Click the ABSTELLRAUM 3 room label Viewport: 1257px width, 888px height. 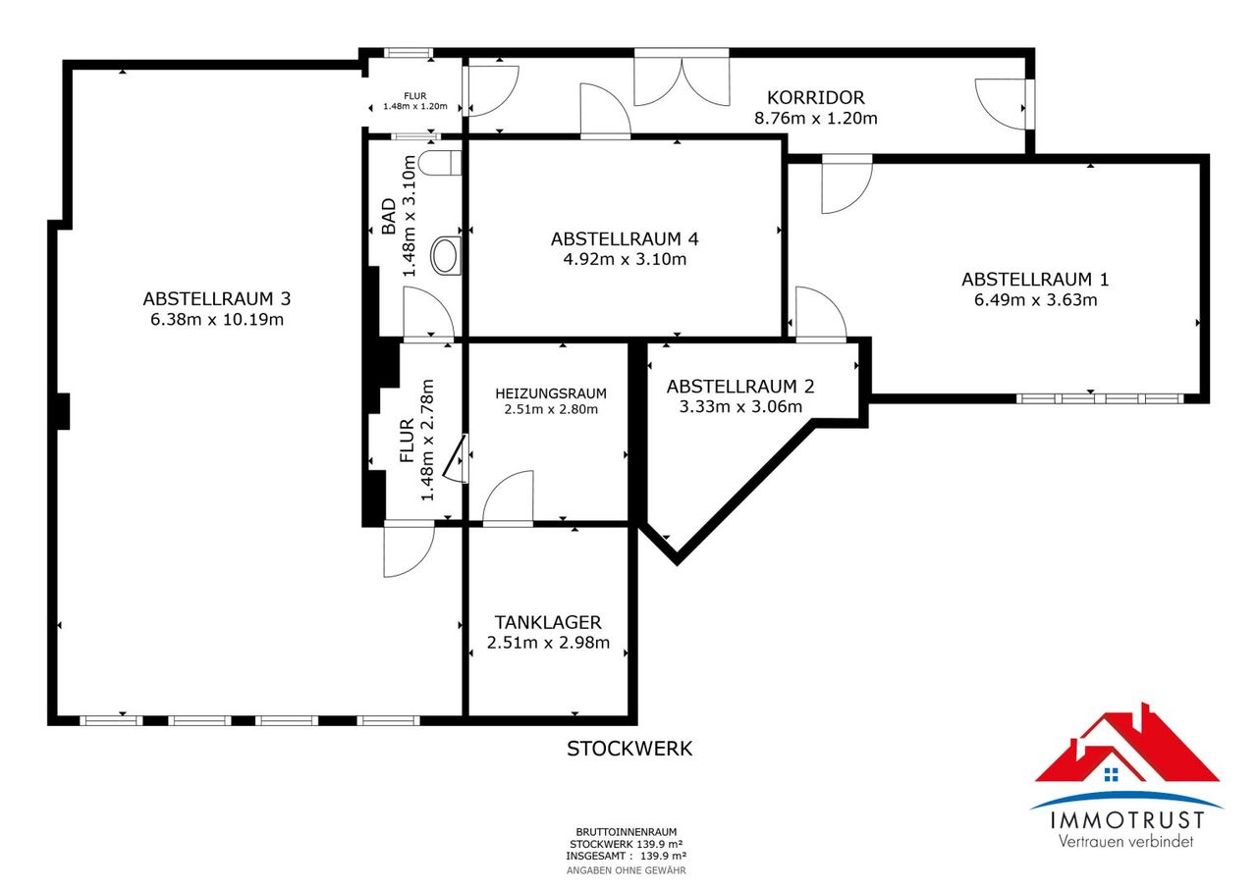[x=217, y=299]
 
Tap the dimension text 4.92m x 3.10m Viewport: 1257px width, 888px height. [x=625, y=260]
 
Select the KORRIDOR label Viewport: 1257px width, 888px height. [x=816, y=97]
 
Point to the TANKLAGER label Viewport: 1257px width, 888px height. [x=548, y=622]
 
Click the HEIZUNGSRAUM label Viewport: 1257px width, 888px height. [x=551, y=393]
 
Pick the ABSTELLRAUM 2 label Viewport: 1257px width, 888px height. [x=740, y=387]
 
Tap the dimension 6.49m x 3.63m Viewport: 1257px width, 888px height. [x=1035, y=300]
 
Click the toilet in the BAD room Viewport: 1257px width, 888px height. [x=440, y=163]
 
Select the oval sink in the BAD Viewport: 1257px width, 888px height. [x=446, y=256]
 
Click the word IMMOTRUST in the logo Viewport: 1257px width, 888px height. [x=1127, y=820]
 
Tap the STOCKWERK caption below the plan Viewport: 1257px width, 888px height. [x=629, y=749]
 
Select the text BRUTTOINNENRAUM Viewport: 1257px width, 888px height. [x=627, y=832]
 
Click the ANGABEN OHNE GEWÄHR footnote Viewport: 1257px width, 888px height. [x=627, y=870]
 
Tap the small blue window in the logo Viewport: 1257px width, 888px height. [x=1111, y=775]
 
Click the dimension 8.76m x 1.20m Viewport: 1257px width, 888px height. [x=816, y=119]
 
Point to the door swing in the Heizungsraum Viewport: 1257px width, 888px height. [x=508, y=496]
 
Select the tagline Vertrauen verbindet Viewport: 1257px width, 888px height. [x=1125, y=841]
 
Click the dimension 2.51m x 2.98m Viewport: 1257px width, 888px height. [x=548, y=643]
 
